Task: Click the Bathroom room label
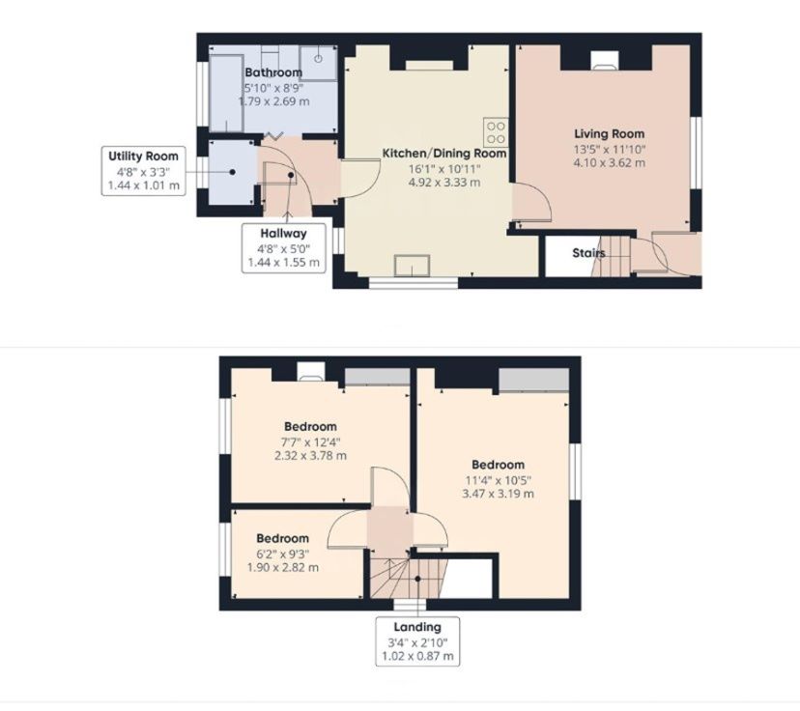(273, 72)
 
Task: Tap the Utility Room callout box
(143, 171)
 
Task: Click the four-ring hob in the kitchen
(496, 132)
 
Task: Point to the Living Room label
(610, 133)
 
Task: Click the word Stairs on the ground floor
(588, 253)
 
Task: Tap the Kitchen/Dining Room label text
(444, 153)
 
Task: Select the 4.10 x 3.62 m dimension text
(610, 163)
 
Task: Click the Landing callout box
(417, 641)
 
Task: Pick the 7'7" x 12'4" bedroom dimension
(310, 442)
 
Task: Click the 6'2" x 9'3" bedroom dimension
(283, 554)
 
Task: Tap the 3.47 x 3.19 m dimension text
(498, 494)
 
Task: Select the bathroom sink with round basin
(318, 63)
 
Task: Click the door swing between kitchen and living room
(532, 203)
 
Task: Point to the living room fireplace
(606, 60)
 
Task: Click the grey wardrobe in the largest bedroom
(533, 380)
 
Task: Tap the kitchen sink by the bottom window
(413, 266)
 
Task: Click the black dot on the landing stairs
(417, 579)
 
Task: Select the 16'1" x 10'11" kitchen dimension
(444, 168)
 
